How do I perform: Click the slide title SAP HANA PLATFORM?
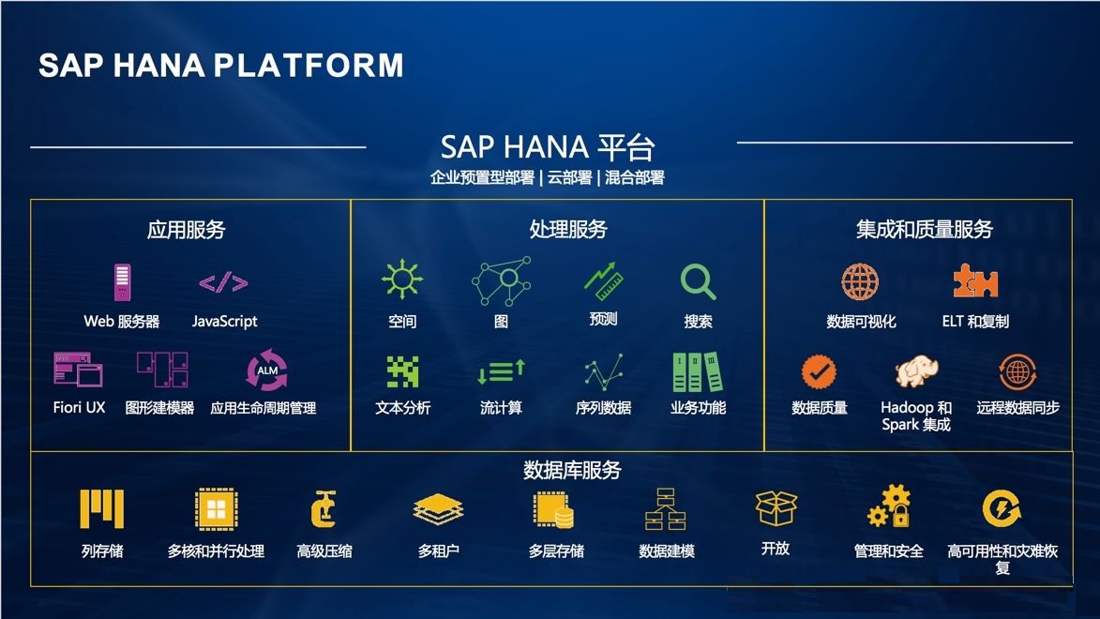point(221,66)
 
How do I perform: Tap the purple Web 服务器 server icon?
point(122,282)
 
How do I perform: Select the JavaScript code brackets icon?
point(223,282)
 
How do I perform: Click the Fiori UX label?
point(80,408)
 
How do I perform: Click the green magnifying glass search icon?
point(698,281)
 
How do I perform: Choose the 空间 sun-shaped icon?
point(402,280)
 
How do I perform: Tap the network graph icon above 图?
point(501,282)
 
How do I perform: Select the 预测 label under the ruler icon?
point(603,320)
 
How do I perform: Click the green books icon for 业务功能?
point(698,372)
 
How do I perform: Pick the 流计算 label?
point(501,408)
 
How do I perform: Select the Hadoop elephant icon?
point(916,372)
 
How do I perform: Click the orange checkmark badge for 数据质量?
point(819,372)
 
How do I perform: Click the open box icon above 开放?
point(776,509)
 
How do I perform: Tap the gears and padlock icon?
point(888,506)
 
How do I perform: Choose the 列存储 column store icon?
point(102,510)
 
